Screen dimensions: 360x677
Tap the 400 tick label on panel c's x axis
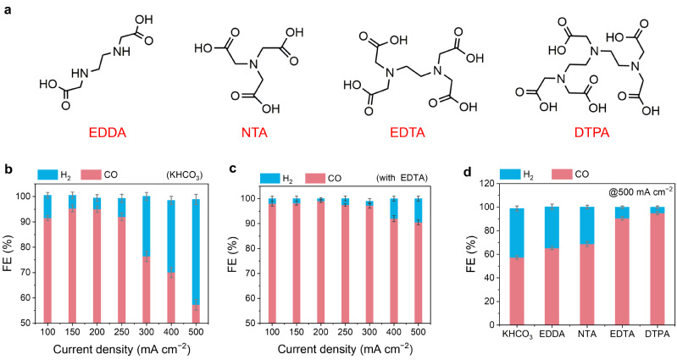click(393, 335)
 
